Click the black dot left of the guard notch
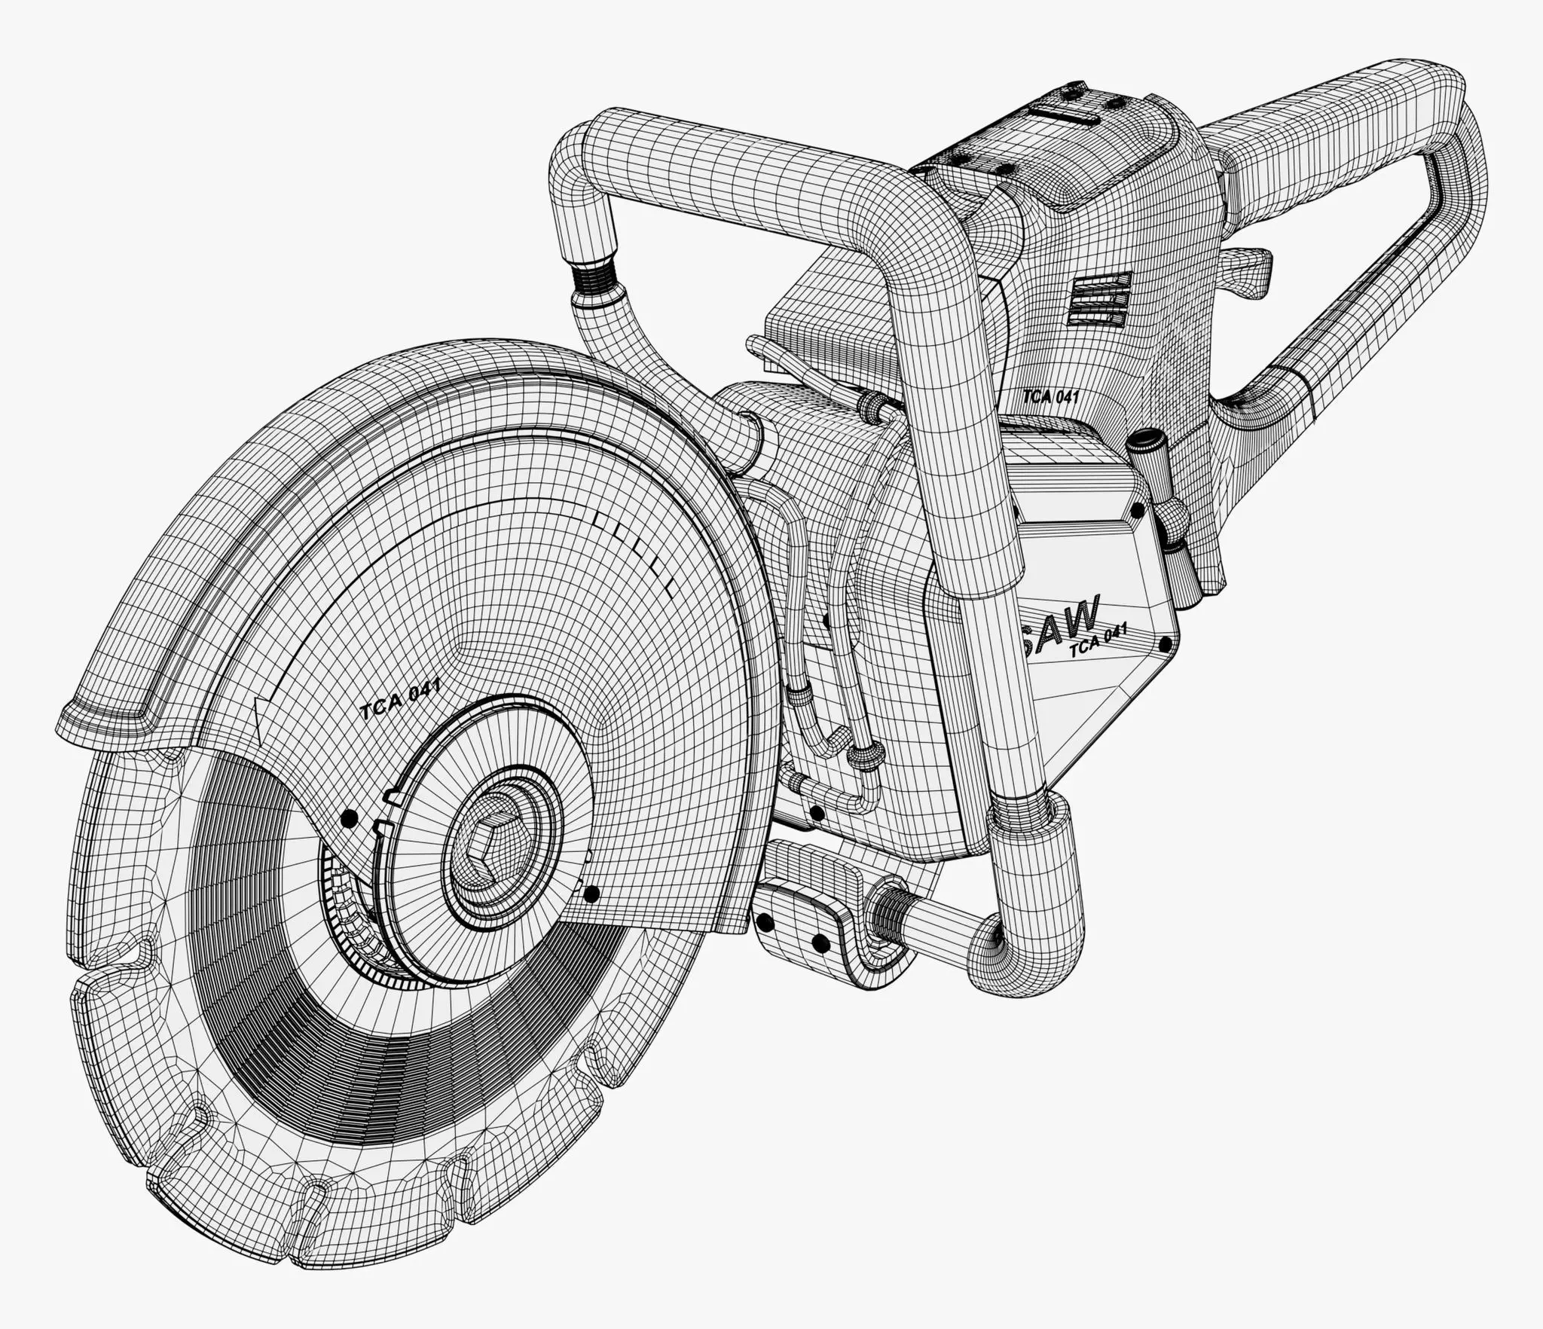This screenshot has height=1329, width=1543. point(347,817)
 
